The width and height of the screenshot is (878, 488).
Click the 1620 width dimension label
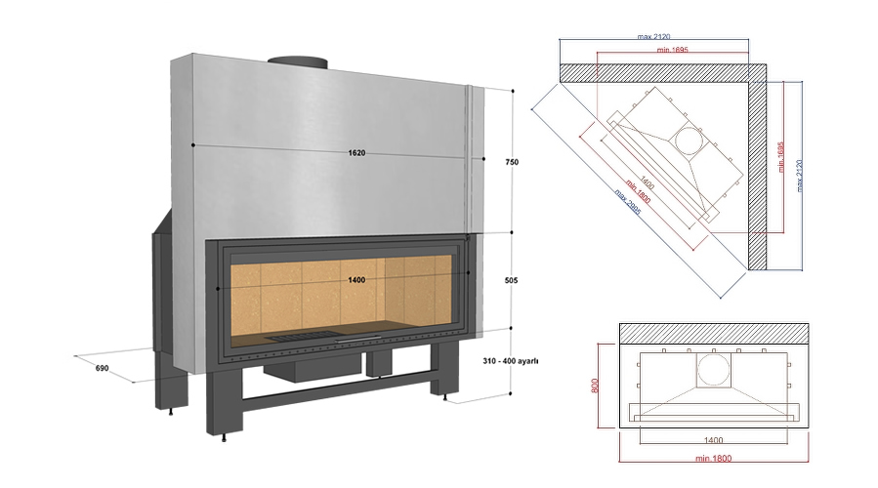point(355,152)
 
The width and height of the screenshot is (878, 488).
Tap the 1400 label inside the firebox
point(356,280)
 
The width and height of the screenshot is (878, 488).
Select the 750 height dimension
point(512,163)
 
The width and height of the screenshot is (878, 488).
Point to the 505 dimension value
point(512,280)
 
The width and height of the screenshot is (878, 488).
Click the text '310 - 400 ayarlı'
point(511,360)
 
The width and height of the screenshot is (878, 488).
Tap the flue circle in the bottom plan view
point(713,371)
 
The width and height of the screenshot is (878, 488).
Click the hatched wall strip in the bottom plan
point(713,332)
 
